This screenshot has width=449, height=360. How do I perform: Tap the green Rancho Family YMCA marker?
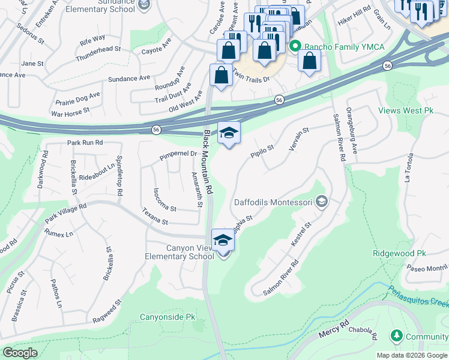coord(295,46)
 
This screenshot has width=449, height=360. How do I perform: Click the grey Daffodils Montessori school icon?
coord(322,202)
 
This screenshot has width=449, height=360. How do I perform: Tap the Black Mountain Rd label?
coord(208,162)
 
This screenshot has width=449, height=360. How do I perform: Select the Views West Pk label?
coord(406,110)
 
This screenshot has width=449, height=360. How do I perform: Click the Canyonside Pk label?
coord(167,317)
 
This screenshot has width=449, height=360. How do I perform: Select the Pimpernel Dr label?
coord(178,155)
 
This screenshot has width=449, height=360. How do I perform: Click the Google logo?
coord(20,353)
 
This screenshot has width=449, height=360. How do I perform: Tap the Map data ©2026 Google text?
coord(412,355)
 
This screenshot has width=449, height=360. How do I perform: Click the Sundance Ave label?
coord(129,78)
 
